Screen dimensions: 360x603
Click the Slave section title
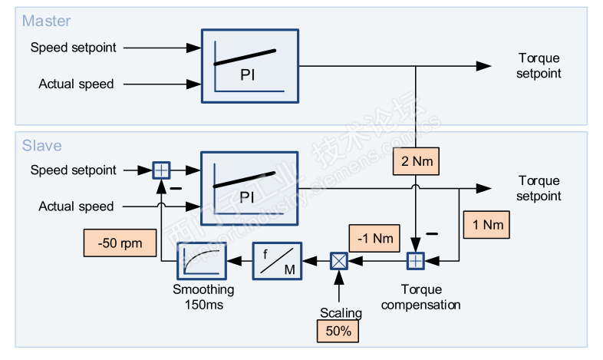coord(41,146)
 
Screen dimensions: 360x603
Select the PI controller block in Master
coord(249,66)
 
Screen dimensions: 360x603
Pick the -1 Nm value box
coord(374,238)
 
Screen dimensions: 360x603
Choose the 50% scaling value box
coord(338,331)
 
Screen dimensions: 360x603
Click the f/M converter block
coord(278,261)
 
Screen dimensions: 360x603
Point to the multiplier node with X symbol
coord(338,261)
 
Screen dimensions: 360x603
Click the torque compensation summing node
coord(415,261)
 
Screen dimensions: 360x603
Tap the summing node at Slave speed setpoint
coord(161,170)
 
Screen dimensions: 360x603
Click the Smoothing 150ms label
coord(203,297)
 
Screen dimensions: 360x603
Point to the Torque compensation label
coord(420,297)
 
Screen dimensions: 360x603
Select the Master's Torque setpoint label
coord(539,66)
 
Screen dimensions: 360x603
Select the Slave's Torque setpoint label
coord(539,189)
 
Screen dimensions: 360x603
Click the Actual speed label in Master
coord(76,84)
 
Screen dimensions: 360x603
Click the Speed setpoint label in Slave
coord(74,170)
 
